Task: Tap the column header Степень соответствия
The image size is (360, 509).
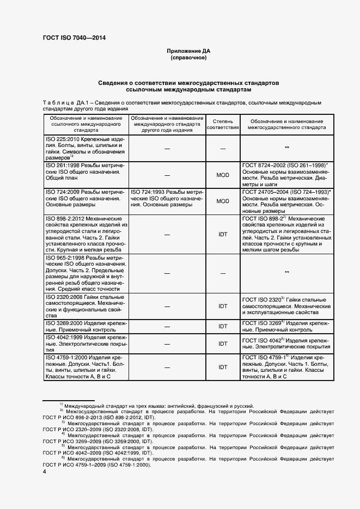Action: click(223, 123)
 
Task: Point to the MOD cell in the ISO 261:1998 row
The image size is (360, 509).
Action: click(223, 175)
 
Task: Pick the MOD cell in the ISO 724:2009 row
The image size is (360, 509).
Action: click(223, 201)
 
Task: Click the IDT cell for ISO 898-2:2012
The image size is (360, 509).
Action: click(223, 234)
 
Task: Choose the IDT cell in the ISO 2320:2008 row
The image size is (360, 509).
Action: click(223, 306)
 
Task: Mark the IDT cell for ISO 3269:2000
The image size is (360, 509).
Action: click(223, 326)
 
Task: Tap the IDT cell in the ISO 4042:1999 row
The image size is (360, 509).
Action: click(223, 344)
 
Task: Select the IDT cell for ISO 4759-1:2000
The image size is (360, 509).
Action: click(223, 367)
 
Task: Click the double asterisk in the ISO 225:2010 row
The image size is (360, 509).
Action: click(286, 148)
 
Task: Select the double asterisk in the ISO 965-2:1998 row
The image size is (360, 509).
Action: click(286, 272)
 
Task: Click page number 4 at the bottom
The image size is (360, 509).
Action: click(44, 472)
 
